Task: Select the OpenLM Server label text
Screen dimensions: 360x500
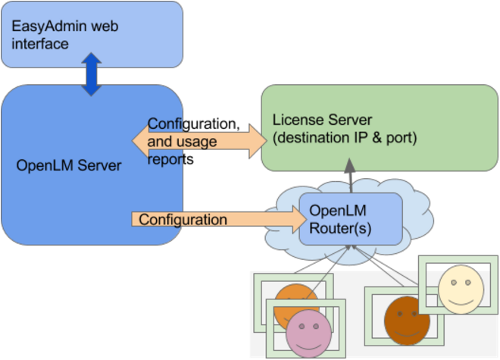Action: (69, 165)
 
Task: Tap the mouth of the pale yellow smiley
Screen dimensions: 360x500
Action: (460, 300)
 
